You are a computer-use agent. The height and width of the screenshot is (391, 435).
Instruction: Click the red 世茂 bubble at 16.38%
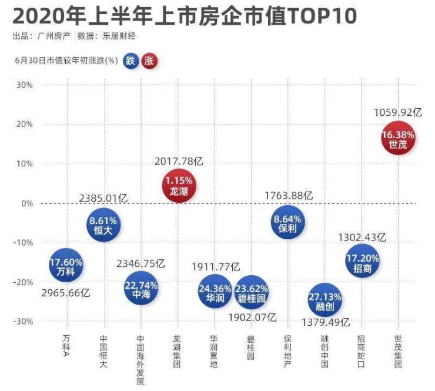click(x=398, y=139)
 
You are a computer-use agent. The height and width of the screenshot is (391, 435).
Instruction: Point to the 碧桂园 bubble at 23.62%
click(x=252, y=292)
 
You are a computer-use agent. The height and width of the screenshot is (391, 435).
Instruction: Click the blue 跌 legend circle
click(x=131, y=61)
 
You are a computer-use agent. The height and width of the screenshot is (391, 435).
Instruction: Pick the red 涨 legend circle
click(x=150, y=61)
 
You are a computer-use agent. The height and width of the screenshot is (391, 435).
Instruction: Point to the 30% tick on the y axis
click(x=24, y=85)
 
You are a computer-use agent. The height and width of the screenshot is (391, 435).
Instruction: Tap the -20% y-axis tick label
click(x=23, y=282)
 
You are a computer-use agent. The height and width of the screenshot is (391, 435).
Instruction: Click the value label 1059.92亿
click(x=398, y=111)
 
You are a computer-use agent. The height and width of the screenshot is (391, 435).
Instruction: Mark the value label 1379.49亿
click(x=325, y=322)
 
